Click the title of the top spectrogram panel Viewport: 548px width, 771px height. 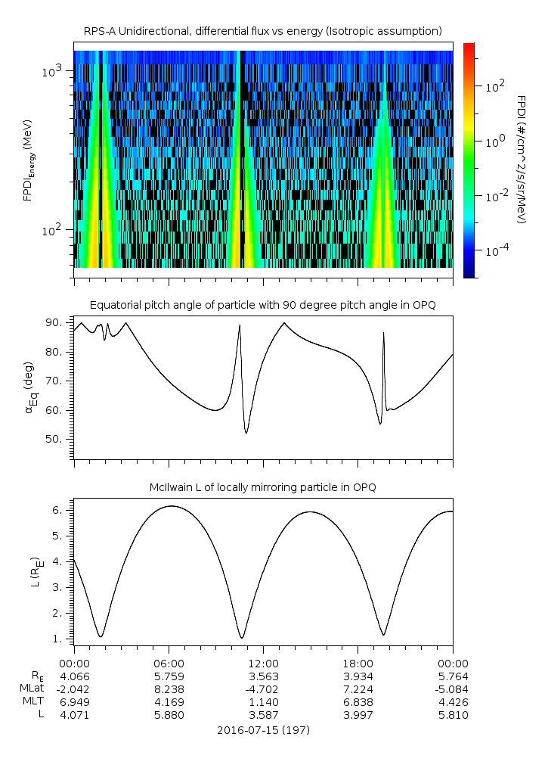(262, 31)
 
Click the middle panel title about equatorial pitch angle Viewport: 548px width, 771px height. (262, 305)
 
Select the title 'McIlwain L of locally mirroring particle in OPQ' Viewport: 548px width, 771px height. (262, 487)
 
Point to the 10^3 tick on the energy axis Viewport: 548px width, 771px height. (54, 71)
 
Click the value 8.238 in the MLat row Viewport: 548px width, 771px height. (169, 689)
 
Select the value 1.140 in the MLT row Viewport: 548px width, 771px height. (263, 701)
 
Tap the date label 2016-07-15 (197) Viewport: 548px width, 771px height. (262, 731)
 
